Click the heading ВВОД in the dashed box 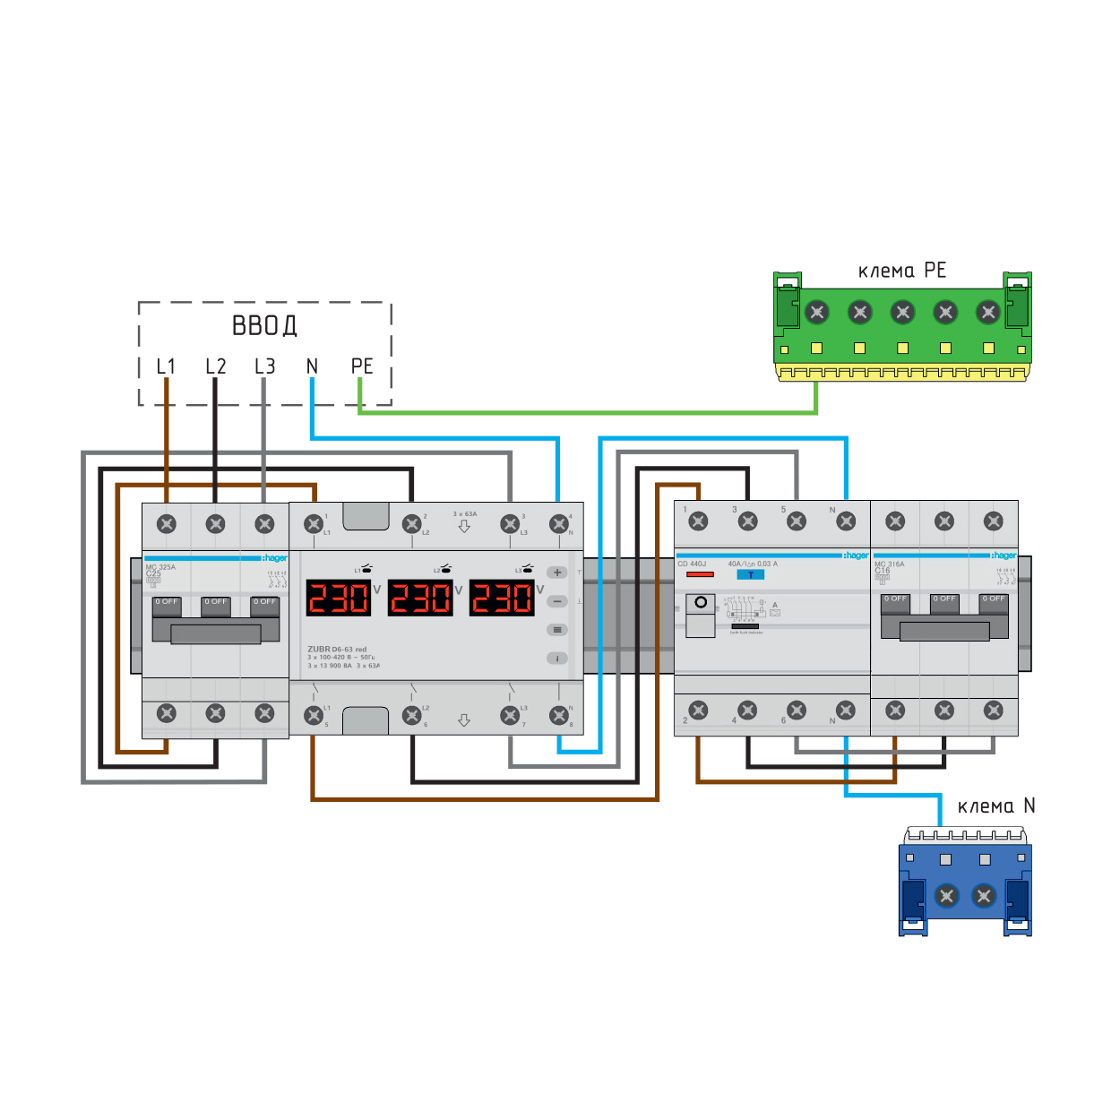(x=264, y=325)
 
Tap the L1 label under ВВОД (x=166, y=366)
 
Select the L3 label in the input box (x=264, y=366)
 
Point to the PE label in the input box (x=362, y=366)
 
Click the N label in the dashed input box (x=312, y=366)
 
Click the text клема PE (x=901, y=271)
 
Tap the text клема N (x=995, y=806)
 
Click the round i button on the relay (x=557, y=658)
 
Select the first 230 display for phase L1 (x=338, y=598)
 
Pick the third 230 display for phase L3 (x=502, y=598)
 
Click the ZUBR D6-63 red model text (x=337, y=649)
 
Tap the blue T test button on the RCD (x=750, y=575)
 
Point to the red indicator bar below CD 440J (x=700, y=574)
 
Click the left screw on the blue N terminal (x=947, y=895)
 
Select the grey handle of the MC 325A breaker (x=216, y=633)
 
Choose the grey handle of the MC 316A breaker (x=944, y=630)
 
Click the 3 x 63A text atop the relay (x=465, y=514)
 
